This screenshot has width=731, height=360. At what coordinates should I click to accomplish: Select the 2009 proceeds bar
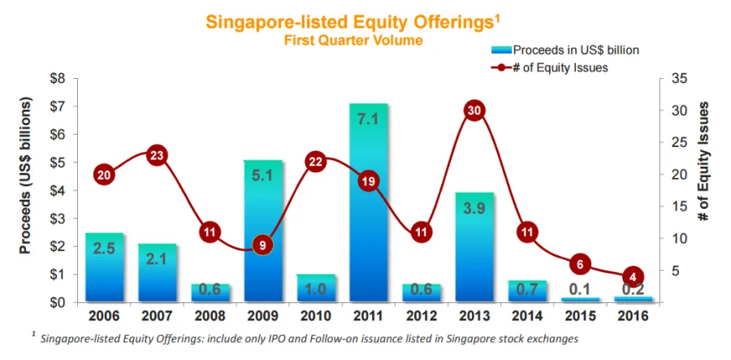pos(263,232)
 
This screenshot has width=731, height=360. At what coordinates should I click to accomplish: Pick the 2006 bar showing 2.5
pos(104,268)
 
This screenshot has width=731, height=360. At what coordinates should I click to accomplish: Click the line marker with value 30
pos(476,111)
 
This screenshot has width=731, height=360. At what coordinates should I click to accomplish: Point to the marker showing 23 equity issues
pos(158,155)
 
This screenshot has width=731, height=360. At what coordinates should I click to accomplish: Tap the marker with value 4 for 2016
pos(634,276)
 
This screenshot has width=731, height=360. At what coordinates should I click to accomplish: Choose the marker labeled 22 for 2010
pos(316,162)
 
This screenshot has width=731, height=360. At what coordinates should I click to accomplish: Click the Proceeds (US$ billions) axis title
pos(25,176)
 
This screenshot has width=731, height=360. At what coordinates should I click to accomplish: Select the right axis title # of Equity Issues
pos(704,163)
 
